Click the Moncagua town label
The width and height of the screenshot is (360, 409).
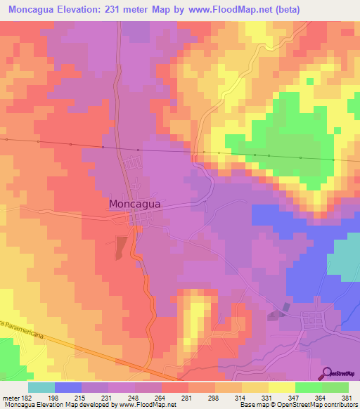135,204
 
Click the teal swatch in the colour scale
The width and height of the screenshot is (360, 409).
41,387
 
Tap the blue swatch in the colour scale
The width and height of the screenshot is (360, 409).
68,387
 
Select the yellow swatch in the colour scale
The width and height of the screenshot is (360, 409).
281,387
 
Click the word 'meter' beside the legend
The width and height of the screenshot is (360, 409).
10,398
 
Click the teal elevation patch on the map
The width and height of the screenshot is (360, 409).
345,257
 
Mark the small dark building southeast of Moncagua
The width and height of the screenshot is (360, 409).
285,308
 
